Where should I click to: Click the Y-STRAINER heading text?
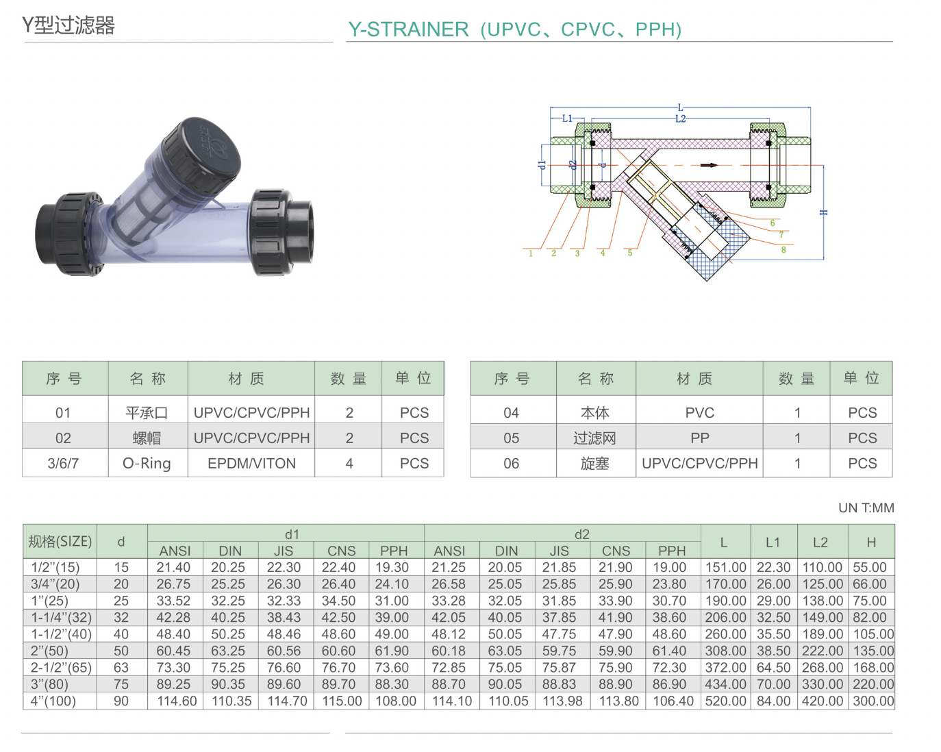point(514,29)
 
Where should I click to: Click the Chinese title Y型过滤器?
point(68,25)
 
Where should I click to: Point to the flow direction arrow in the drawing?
point(709,165)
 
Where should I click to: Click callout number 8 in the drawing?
point(783,250)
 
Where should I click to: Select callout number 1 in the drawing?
point(531,253)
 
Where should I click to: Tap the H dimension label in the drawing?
point(824,212)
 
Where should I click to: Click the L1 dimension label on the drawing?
point(567,118)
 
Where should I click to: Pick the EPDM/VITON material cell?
point(251,464)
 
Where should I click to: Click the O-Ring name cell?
point(147,464)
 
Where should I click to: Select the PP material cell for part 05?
point(699,438)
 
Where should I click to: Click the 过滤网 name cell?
point(594,438)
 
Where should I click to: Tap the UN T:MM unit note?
point(866,508)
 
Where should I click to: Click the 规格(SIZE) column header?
point(60,542)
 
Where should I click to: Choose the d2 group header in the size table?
point(581,534)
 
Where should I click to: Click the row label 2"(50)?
point(50,651)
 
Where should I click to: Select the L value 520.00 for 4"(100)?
point(725,701)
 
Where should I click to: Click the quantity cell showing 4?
point(349,464)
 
